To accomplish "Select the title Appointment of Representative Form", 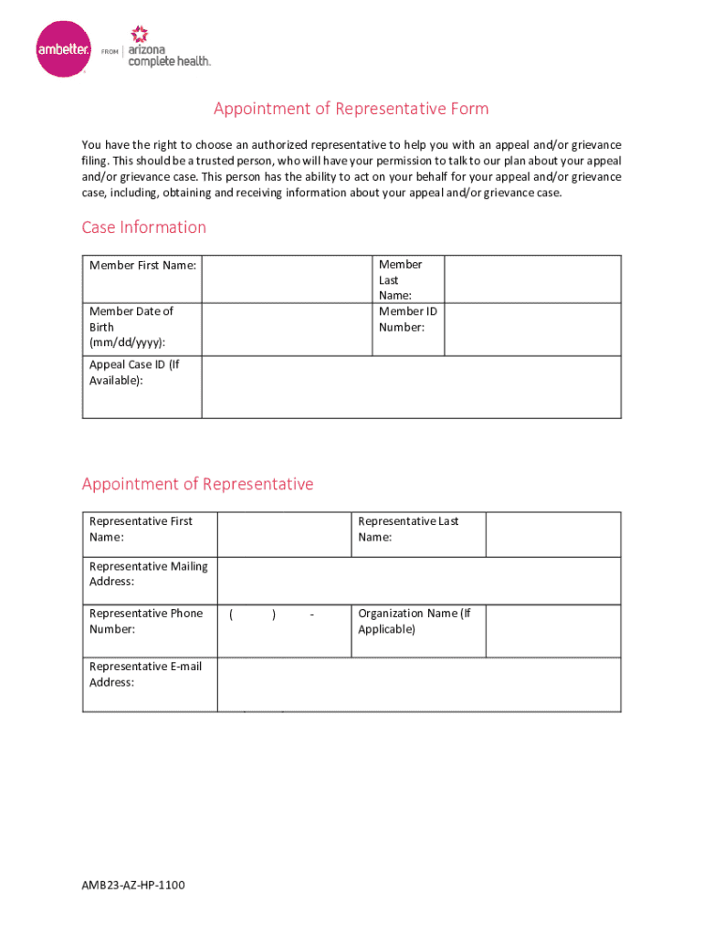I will tap(351, 110).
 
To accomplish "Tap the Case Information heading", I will tap(144, 227).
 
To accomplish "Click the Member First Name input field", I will tap(287, 278).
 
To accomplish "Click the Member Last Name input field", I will tap(532, 278).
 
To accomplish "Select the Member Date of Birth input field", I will tap(287, 329).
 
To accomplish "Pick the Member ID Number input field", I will tap(532, 329).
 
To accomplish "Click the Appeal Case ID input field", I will tap(411, 387).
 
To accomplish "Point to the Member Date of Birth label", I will tap(131, 327).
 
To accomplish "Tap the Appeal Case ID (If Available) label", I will tap(134, 373).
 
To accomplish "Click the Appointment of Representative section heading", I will tap(197, 484).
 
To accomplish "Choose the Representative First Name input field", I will tap(284, 534).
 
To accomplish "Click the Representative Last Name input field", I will tap(553, 534).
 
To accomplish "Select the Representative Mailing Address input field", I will tap(419, 581).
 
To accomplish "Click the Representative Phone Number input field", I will tap(284, 630).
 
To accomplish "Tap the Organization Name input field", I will tap(553, 630).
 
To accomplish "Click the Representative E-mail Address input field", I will tap(419, 684).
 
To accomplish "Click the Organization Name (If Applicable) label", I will tap(414, 621).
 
